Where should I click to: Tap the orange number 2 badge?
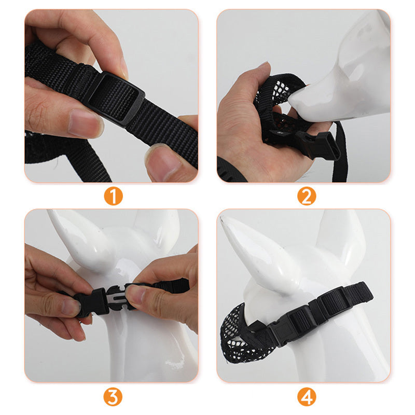pyautogui.click(x=307, y=197)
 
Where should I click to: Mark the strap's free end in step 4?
pyautogui.click(x=363, y=291)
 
